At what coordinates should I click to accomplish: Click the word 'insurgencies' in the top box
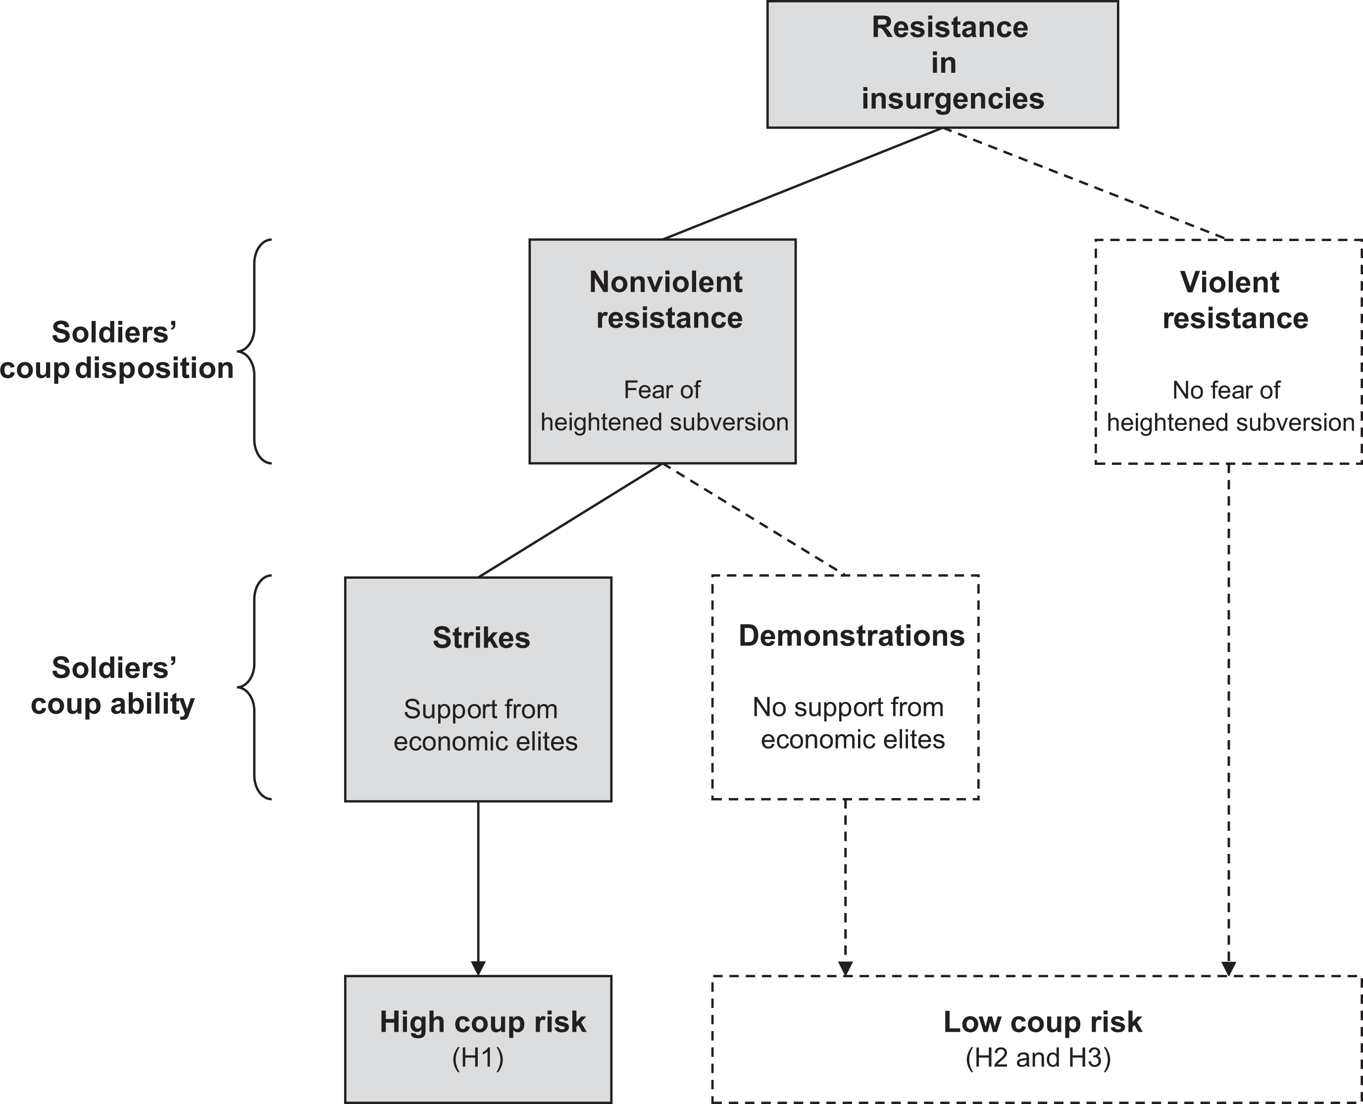click(x=953, y=99)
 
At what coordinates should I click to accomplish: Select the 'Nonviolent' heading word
click(x=665, y=282)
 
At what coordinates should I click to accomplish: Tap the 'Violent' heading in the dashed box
click(x=1229, y=282)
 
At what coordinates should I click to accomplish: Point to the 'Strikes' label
click(x=481, y=637)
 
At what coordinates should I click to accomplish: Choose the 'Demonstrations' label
click(x=852, y=635)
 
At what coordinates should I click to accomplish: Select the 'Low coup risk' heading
click(x=1043, y=1022)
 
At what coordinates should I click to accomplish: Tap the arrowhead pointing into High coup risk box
click(x=478, y=968)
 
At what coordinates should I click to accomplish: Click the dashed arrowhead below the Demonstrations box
click(x=845, y=968)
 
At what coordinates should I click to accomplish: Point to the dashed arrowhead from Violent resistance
click(x=1229, y=968)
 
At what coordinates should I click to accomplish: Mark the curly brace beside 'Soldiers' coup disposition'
click(x=254, y=351)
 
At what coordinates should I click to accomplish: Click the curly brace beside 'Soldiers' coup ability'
click(x=254, y=687)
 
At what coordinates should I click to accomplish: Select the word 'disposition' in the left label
click(x=154, y=368)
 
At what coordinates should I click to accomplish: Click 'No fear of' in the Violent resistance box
click(x=1226, y=390)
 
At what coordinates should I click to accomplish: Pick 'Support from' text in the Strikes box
click(x=481, y=709)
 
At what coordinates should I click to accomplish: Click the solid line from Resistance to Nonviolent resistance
click(x=803, y=184)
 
